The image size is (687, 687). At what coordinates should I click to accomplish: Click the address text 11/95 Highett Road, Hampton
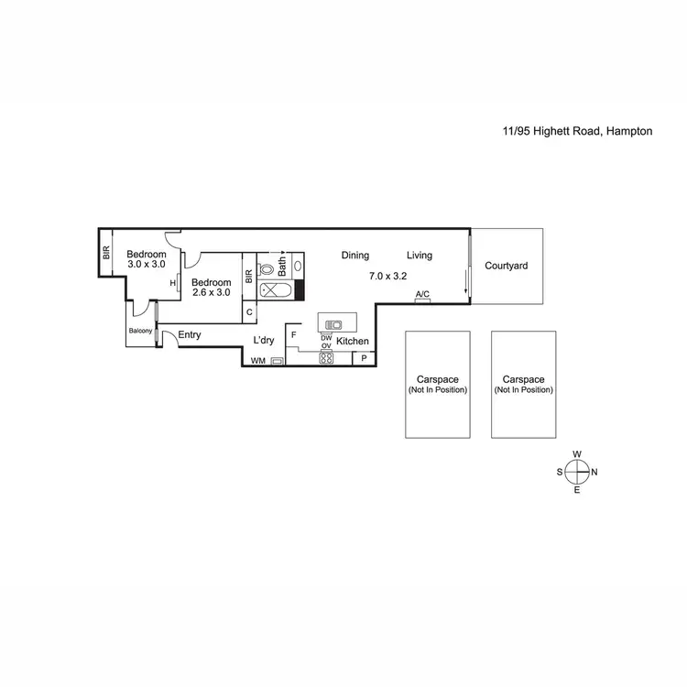pos(577,131)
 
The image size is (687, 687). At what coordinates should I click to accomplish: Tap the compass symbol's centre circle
pos(577,472)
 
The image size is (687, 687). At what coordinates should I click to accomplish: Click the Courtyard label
pos(507,267)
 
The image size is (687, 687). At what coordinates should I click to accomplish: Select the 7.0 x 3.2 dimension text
pos(387,276)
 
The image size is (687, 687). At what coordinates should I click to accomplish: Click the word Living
pos(420,256)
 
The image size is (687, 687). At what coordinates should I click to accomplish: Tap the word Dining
pos(355,256)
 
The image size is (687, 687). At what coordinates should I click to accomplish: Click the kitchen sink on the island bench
pos(334,323)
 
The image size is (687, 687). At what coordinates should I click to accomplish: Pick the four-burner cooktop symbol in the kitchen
pos(326,358)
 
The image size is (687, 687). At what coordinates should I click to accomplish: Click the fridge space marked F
pos(294,335)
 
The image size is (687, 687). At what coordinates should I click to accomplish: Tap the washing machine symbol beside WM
pos(277,361)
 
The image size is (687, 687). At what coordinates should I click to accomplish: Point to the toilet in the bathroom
pos(267,269)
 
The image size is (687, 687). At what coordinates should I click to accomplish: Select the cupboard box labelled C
pos(249,312)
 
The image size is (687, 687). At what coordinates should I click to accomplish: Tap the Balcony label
pos(140,331)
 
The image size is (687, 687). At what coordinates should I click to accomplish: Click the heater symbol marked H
pos(172,283)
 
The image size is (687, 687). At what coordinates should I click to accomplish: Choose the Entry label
pos(190,335)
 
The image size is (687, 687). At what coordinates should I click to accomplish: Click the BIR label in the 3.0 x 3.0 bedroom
pos(106,253)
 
